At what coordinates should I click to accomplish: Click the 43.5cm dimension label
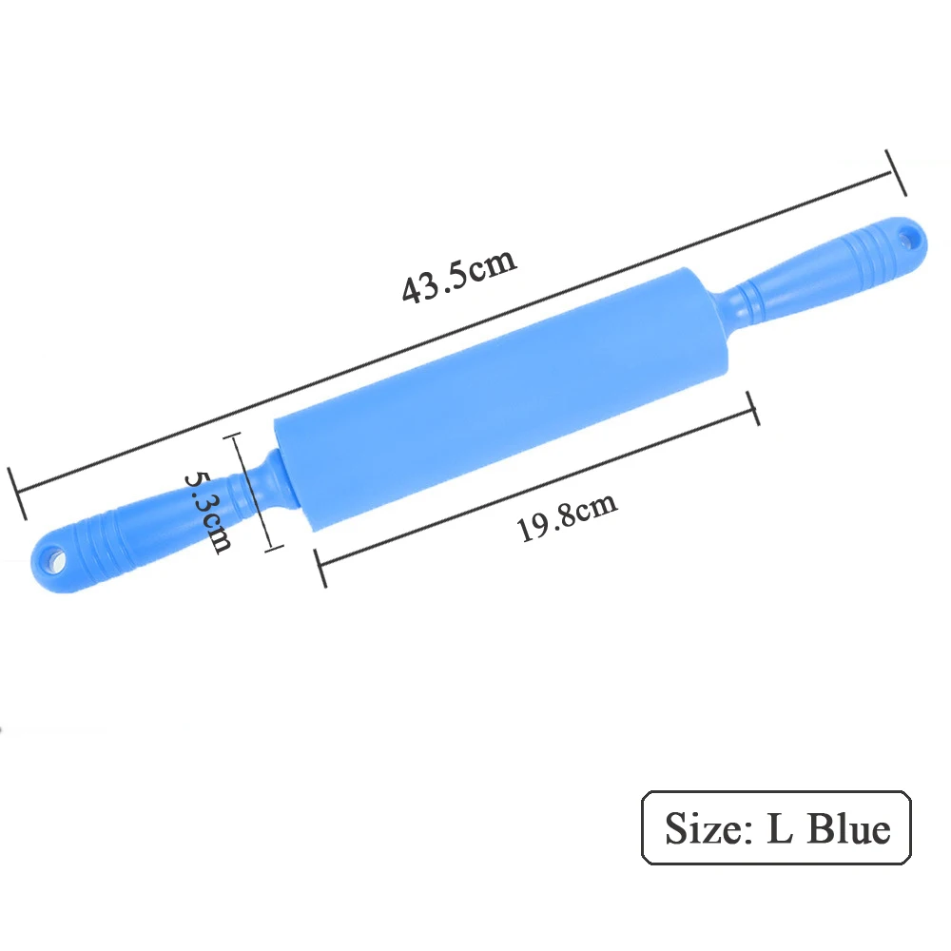[459, 276]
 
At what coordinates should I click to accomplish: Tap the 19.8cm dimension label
[567, 516]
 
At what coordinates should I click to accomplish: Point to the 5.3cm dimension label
[207, 512]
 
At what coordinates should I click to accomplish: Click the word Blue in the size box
[849, 828]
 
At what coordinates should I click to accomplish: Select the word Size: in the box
[709, 828]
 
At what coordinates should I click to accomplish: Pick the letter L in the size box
[780, 828]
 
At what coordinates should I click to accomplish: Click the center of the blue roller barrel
[501, 398]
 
